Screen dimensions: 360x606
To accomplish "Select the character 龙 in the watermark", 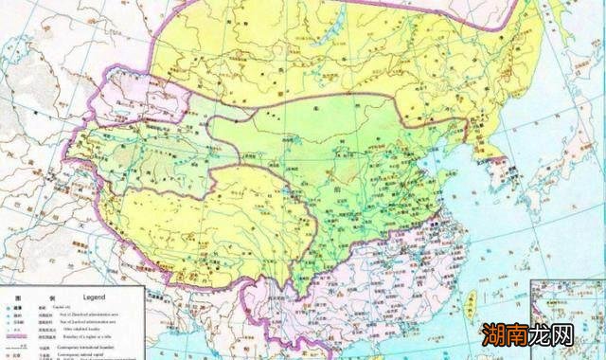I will (x=547, y=336).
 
